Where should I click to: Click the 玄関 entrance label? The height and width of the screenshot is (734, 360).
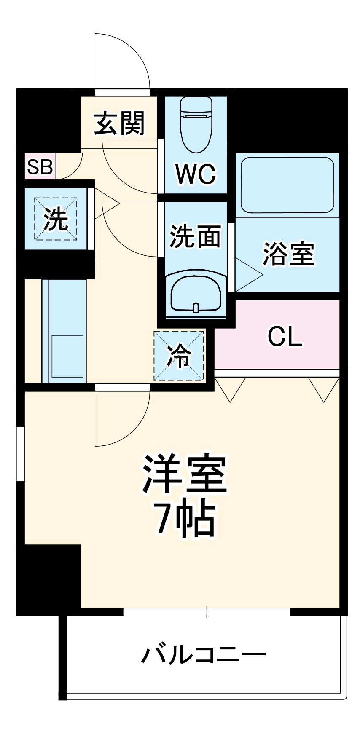pyautogui.click(x=119, y=123)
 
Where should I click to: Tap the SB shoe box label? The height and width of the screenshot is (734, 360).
pyautogui.click(x=40, y=167)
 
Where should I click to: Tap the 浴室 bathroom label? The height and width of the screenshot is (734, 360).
pyautogui.click(x=289, y=253)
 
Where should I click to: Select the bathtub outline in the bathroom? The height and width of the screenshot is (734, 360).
pyautogui.click(x=287, y=184)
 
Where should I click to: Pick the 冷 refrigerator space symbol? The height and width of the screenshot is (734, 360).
pyautogui.click(x=179, y=356)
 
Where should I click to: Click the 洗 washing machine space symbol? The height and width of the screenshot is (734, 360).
pyautogui.click(x=56, y=219)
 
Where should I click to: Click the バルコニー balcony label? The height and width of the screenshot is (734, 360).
pyautogui.click(x=203, y=654)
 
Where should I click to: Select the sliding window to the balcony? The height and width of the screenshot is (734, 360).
pyautogui.click(x=207, y=612)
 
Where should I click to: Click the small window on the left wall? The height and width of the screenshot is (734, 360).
pyautogui.click(x=20, y=453)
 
